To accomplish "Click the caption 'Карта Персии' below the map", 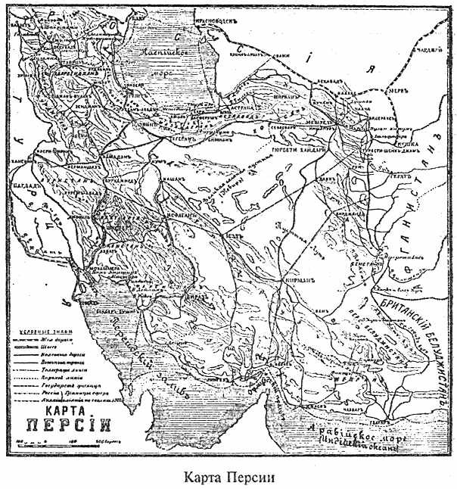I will (228, 477).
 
